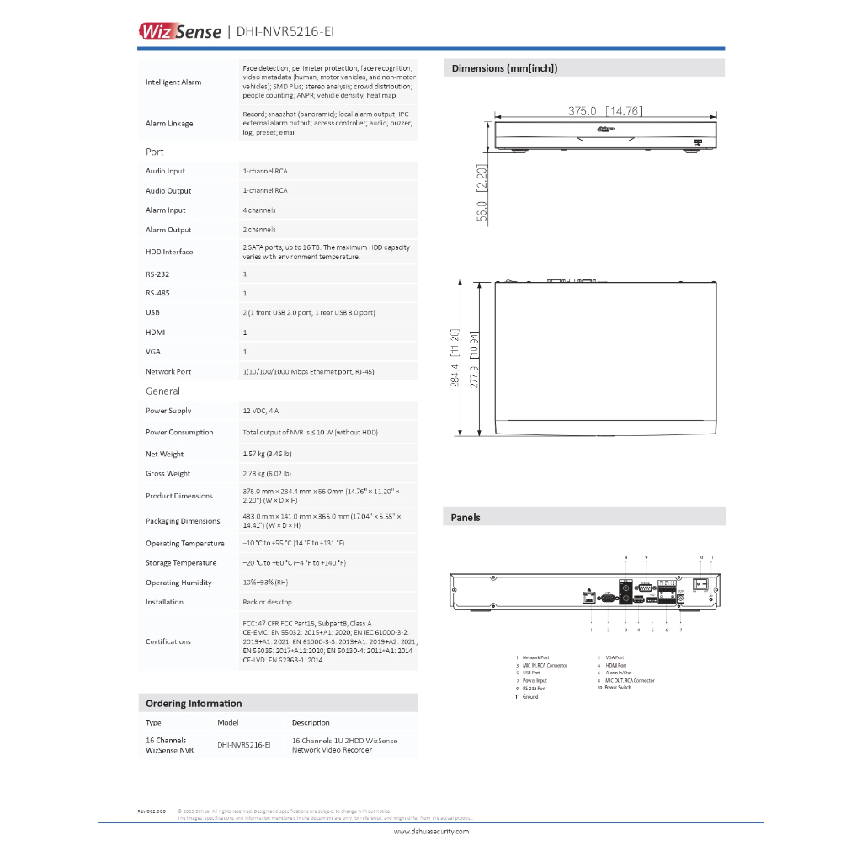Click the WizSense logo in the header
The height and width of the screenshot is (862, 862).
[x=180, y=32]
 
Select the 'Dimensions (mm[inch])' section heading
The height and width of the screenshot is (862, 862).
[x=504, y=68]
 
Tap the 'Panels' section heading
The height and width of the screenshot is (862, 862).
[x=466, y=518]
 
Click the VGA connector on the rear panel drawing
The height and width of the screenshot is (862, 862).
[x=609, y=598]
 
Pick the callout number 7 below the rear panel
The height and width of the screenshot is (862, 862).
[x=680, y=630]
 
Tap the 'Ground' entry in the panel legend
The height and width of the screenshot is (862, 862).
[x=530, y=697]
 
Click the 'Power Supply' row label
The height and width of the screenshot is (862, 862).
[x=168, y=411]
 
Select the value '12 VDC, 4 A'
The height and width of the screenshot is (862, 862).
[x=261, y=411]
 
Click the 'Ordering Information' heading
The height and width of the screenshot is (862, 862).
[x=194, y=704]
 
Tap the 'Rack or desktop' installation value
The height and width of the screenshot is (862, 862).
[x=267, y=602]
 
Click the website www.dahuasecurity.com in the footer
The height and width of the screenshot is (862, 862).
[x=431, y=832]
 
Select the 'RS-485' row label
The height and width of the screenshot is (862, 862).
[x=158, y=293]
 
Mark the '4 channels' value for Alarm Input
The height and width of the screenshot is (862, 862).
[x=259, y=210]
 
